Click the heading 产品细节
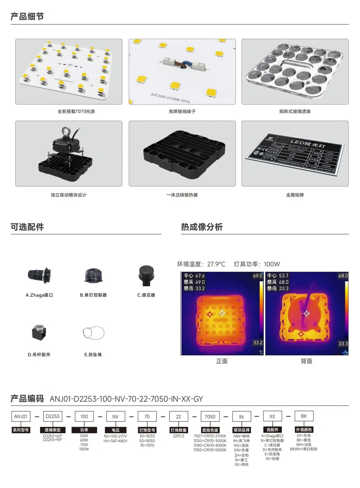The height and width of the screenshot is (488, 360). pos(27,16)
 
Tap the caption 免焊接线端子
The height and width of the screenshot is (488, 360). pos(182,111)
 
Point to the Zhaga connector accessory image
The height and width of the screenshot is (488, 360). pos(39,275)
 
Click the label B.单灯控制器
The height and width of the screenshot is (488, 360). pos(93,295)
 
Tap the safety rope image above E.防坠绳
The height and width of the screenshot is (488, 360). pos(93,333)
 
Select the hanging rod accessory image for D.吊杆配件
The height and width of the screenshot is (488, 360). pos(39,333)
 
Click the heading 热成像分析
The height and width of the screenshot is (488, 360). pos(202,227)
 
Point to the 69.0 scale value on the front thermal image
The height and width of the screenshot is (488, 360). pos(257,276)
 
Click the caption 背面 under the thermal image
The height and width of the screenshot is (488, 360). pos(306,361)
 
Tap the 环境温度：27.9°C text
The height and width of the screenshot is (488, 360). pos(201,264)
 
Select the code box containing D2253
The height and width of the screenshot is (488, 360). pos(53,416)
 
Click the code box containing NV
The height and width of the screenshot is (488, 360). pos(115,416)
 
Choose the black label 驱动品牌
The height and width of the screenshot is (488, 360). pos(241,430)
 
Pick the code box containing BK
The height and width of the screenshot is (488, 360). pos(304,416)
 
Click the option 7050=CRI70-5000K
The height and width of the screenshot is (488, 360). pos(210,450)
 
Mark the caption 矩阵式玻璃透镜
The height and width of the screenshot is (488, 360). pos(295,111)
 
